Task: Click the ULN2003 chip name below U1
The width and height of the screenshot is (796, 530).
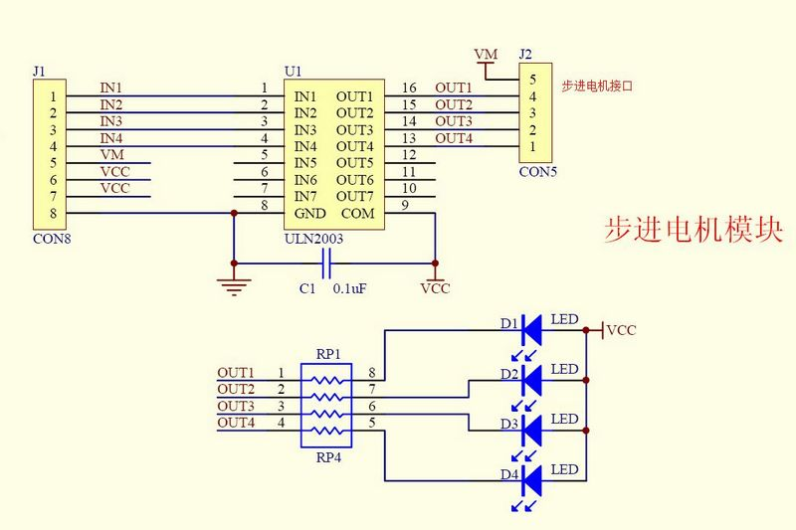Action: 313,239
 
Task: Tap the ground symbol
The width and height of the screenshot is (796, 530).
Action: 234,286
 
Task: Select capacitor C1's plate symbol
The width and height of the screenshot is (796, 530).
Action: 326,264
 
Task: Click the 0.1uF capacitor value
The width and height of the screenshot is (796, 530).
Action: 349,289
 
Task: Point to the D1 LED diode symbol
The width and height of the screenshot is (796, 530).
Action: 531,330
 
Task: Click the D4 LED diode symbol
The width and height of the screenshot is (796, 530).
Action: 531,480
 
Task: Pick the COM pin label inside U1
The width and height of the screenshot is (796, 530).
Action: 358,214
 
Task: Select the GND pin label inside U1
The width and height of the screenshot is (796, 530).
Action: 309,214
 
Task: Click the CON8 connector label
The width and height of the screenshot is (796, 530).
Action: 52,239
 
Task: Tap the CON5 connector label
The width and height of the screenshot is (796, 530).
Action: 537,172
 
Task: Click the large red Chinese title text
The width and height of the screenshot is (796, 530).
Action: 694,230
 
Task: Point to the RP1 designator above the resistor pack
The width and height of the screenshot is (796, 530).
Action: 328,354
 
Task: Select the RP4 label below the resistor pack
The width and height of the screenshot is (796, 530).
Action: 328,457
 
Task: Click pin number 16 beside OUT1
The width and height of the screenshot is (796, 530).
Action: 409,88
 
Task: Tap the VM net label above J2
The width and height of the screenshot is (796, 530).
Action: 486,55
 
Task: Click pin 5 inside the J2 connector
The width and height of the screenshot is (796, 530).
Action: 532,80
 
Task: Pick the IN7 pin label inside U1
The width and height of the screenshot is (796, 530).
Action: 305,197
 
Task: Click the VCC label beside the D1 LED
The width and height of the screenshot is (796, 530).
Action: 621,331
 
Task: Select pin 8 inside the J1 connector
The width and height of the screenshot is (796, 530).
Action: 53,214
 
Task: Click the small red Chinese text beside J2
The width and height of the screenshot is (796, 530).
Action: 597,87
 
